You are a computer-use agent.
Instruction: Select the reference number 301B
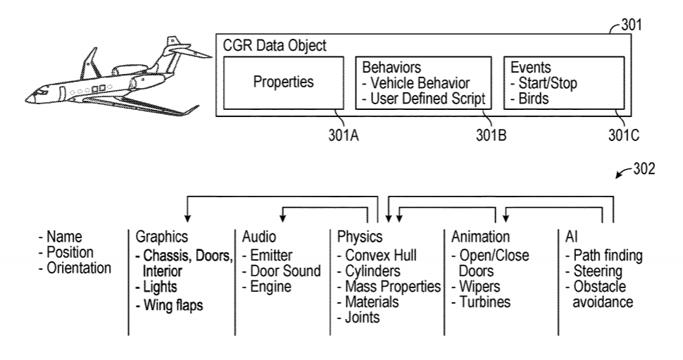click(491, 135)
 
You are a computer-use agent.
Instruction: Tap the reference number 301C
click(624, 135)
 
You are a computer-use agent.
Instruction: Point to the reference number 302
click(644, 168)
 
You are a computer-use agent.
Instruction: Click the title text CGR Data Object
click(275, 45)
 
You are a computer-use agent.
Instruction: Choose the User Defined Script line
click(424, 99)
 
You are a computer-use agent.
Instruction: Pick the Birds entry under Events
click(530, 99)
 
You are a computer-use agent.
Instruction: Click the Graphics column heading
click(162, 237)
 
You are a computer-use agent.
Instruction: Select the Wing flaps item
click(170, 305)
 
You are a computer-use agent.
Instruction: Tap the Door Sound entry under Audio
click(282, 271)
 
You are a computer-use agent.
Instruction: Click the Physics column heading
click(360, 237)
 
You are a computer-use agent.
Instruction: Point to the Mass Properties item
click(389, 287)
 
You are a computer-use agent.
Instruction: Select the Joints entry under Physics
click(358, 317)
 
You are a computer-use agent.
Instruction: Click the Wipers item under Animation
click(476, 287)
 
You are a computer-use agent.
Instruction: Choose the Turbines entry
click(482, 302)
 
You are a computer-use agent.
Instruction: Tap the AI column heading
click(572, 237)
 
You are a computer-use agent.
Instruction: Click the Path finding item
click(604, 256)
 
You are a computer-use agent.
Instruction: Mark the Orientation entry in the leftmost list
click(75, 268)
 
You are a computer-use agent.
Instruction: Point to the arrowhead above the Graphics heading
click(187, 218)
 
